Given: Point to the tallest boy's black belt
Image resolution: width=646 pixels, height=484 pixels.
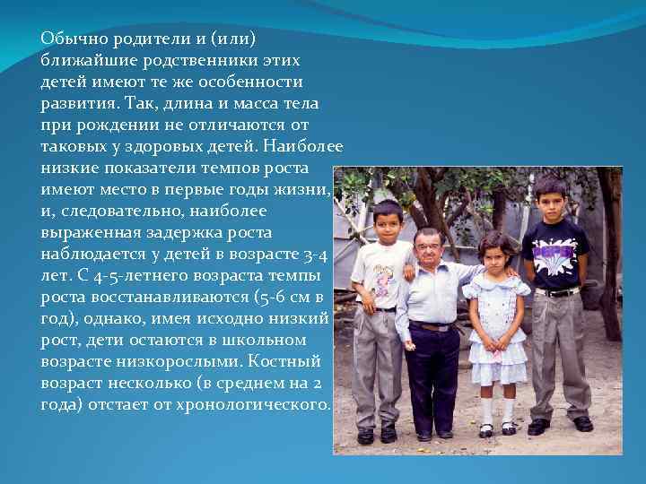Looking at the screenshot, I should point(558,291).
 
